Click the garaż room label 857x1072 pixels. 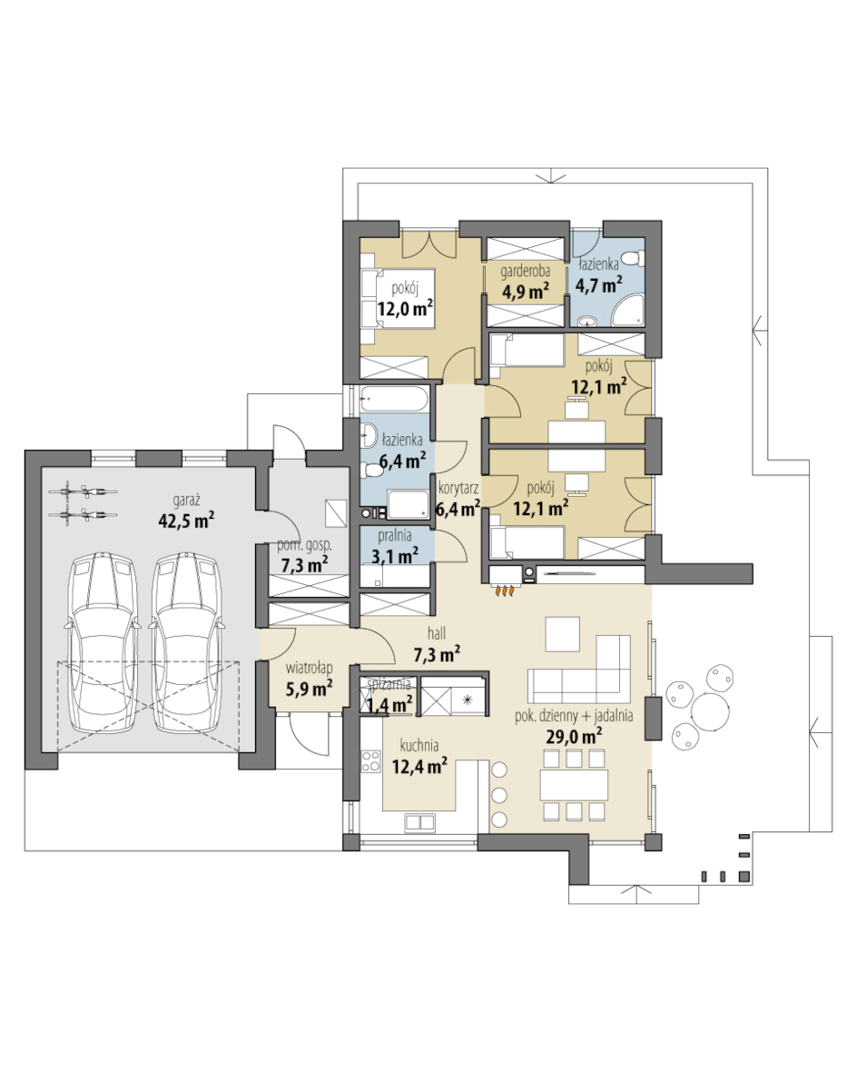coord(186,501)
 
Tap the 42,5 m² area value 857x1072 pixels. coord(186,521)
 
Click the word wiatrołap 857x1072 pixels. coord(309,668)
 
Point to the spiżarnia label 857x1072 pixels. coord(389,684)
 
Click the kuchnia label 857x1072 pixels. coord(419,745)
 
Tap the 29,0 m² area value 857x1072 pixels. coord(574,736)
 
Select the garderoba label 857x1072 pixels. coord(525,273)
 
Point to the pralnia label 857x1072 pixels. coord(394,536)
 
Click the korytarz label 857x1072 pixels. coord(458,488)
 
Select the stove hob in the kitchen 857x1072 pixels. coord(370,761)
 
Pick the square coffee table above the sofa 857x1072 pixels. coord(563,634)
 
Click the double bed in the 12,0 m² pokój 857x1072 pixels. coord(398,299)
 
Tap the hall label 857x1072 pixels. coord(437,634)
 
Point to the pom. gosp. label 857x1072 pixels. coord(304,546)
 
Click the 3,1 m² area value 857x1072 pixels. coord(395,556)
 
